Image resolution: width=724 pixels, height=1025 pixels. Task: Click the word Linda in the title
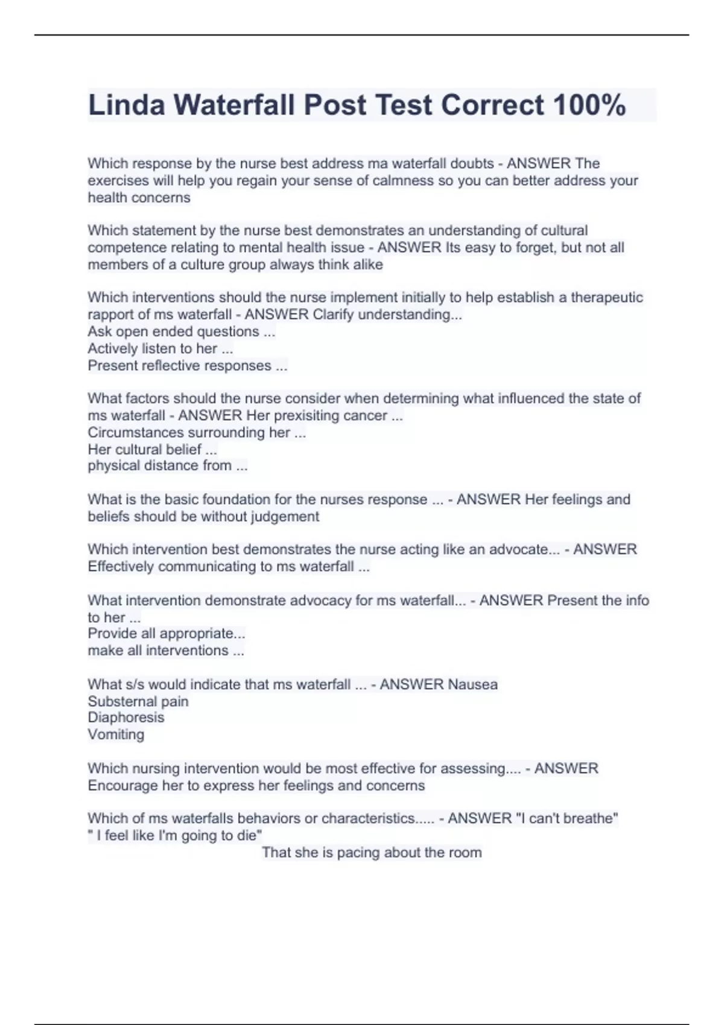click(x=126, y=105)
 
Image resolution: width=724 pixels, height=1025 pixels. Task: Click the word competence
click(x=125, y=247)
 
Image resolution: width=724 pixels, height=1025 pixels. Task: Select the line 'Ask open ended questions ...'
click(x=181, y=331)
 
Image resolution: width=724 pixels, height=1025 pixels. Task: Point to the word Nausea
click(x=473, y=684)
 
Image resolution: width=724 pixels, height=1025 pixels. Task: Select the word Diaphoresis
click(x=125, y=717)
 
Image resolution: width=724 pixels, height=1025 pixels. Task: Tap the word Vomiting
click(x=116, y=734)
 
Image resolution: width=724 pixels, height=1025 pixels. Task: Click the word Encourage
click(x=122, y=786)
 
